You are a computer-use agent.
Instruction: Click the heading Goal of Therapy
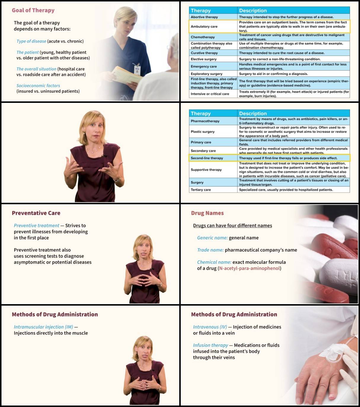pyautogui.click(x=33, y=10)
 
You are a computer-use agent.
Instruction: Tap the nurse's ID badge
pyautogui.click(x=137, y=70)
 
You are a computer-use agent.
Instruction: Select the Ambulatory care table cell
pyautogui.click(x=204, y=26)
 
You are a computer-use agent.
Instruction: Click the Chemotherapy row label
pyautogui.click(x=203, y=37)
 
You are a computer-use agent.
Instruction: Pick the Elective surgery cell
pyautogui.click(x=204, y=59)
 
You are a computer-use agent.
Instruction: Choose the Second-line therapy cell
pyautogui.click(x=207, y=158)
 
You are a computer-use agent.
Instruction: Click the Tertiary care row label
pyautogui.click(x=201, y=190)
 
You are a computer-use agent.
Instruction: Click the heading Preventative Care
pyautogui.click(x=36, y=213)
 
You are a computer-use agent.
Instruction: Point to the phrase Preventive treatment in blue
pyautogui.click(x=36, y=226)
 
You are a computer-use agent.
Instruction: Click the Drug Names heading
pyautogui.click(x=207, y=213)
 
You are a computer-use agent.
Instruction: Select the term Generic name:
pyautogui.click(x=212, y=238)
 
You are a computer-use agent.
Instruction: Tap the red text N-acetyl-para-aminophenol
pyautogui.click(x=249, y=268)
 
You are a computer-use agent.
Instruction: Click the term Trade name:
pyautogui.click(x=210, y=250)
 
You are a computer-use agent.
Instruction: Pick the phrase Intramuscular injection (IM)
pyautogui.click(x=43, y=327)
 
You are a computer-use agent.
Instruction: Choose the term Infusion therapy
pyautogui.click(x=210, y=345)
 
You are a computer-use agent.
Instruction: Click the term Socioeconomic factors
pyautogui.click(x=38, y=86)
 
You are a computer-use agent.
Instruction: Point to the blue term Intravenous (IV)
pyautogui.click(x=210, y=327)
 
